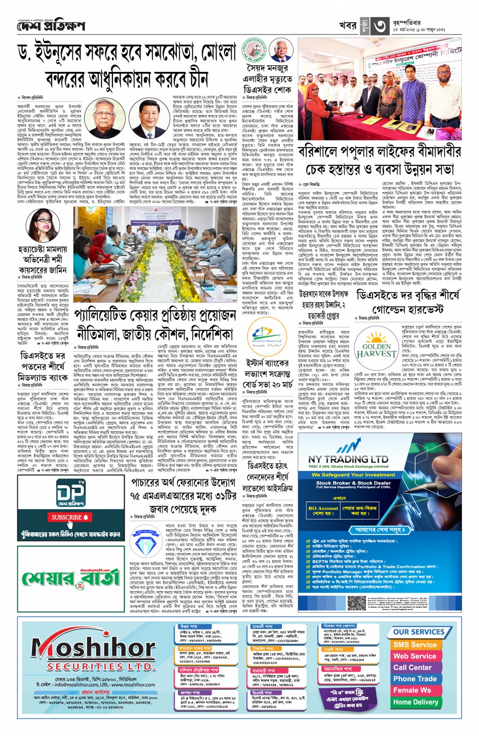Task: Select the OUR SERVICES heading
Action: coord(418,632)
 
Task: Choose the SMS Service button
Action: coord(415,644)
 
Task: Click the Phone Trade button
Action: coord(415,679)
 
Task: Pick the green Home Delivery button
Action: coord(415,702)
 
